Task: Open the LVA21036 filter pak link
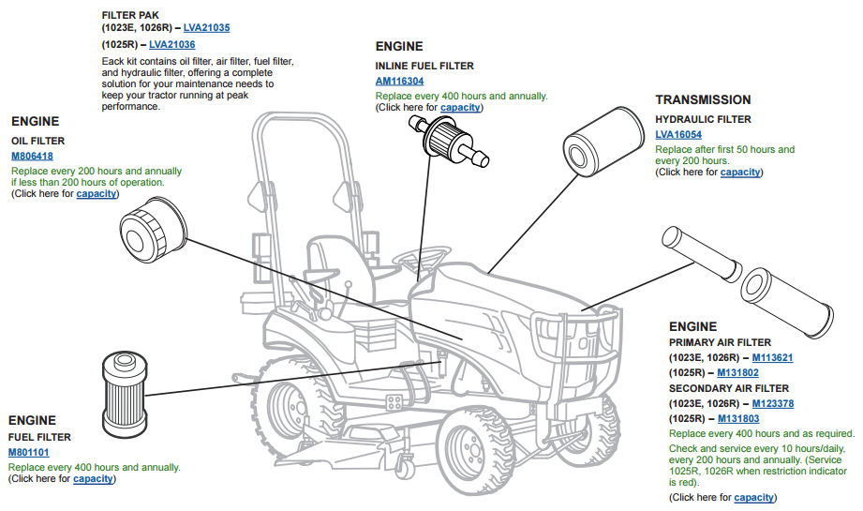[x=172, y=44]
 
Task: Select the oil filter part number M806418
[x=32, y=156]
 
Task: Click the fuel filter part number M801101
[x=29, y=452]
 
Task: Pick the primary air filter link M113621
[x=774, y=357]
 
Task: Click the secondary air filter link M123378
[x=774, y=403]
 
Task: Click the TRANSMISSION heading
[x=703, y=99]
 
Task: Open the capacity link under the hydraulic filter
[x=740, y=172]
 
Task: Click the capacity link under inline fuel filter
[x=460, y=107]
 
